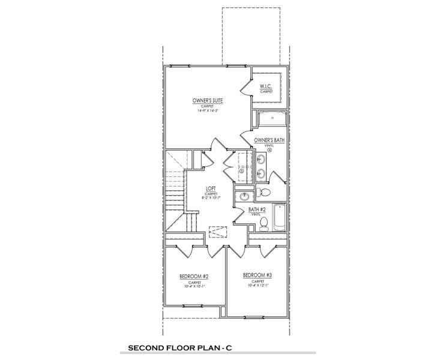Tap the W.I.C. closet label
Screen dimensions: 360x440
[267, 88]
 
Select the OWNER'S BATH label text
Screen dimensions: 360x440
[269, 140]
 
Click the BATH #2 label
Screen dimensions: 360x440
[258, 209]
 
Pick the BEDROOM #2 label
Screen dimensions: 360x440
[194, 277]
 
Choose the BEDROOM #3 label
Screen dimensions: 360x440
[258, 275]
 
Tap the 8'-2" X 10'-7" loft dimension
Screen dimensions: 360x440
[211, 199]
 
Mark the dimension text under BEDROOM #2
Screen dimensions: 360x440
[194, 286]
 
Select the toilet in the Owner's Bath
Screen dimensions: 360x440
[264, 192]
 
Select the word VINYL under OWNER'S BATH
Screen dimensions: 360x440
[269, 145]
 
